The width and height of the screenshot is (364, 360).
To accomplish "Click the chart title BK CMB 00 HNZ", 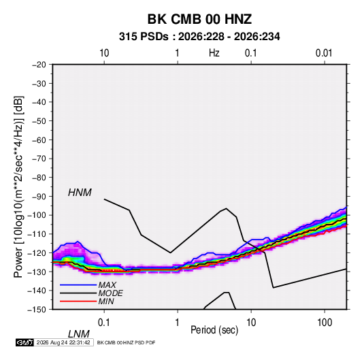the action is (x=199, y=19).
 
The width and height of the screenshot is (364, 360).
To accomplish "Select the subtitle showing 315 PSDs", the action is (x=199, y=37).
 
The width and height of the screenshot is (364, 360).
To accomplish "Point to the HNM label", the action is (x=80, y=193).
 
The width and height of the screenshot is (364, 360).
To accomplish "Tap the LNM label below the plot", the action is (x=78, y=334).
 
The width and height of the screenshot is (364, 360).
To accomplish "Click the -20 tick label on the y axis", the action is (x=39, y=65).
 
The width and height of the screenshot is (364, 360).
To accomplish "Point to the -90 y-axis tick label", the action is (x=39, y=197).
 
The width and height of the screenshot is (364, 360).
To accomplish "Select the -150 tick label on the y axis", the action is (x=37, y=310).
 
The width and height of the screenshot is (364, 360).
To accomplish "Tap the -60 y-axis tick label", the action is (x=39, y=140).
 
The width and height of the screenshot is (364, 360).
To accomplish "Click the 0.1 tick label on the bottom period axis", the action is (x=103, y=323).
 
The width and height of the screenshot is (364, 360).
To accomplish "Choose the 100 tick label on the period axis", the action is (x=324, y=323).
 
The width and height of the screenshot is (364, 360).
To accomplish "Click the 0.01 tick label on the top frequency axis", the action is (x=324, y=53).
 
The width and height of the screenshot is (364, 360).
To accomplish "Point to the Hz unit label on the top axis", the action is (x=214, y=53).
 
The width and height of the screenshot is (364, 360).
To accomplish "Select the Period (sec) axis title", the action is (x=214, y=330).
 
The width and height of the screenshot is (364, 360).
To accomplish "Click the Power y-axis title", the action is (x=18, y=186).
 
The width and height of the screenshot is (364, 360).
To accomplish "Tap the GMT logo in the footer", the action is (x=24, y=342).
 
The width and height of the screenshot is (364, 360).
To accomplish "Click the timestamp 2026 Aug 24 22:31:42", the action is (x=63, y=342).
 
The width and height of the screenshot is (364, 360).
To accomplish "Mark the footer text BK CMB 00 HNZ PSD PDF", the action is (x=126, y=342).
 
